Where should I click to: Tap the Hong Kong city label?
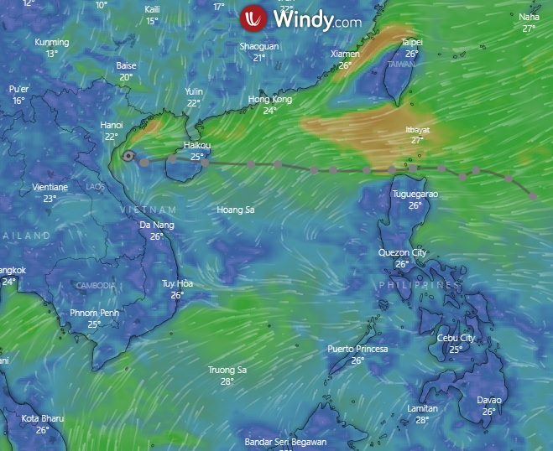(270, 100)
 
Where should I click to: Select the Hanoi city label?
(112, 126)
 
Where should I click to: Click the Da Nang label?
(156, 225)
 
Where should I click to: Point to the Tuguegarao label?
(415, 194)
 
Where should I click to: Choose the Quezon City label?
(402, 253)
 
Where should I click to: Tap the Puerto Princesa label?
(357, 349)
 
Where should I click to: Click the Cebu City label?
(456, 339)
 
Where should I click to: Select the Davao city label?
(489, 401)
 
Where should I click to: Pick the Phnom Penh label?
(94, 314)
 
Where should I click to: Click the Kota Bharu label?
(42, 418)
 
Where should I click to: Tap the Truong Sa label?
(227, 370)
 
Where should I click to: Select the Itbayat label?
(417, 130)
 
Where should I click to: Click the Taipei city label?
(412, 42)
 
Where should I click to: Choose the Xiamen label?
(345, 54)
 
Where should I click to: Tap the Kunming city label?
(52, 42)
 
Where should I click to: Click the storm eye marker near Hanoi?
(128, 155)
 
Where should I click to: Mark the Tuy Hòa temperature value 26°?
(177, 295)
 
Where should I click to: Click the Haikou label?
(197, 146)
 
